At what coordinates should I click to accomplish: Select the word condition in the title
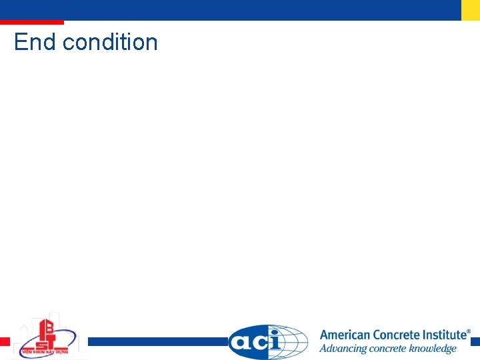click(x=110, y=42)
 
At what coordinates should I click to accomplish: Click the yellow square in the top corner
click(x=471, y=10)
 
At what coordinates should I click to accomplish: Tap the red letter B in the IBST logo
click(x=47, y=328)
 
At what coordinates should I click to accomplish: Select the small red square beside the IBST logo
click(x=5, y=341)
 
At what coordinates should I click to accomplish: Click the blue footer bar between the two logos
click(x=157, y=341)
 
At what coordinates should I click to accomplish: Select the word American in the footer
click(x=345, y=335)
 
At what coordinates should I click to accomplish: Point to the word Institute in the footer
click(x=443, y=335)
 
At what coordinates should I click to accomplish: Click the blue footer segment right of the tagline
click(x=475, y=341)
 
